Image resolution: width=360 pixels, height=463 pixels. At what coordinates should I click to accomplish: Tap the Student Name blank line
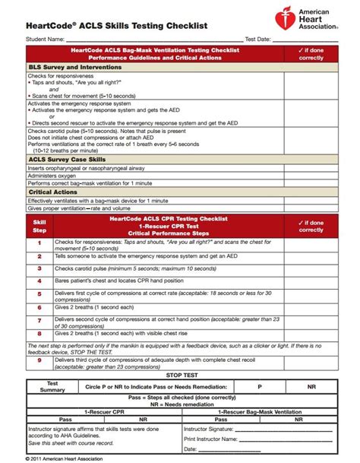click(152, 39)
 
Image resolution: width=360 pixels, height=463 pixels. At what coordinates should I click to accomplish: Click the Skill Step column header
click(39, 225)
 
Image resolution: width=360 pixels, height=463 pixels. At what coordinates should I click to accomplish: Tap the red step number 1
click(39, 244)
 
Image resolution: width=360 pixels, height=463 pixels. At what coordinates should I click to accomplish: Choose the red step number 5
click(39, 294)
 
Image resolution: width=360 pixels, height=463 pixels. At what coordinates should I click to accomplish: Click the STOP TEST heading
click(179, 374)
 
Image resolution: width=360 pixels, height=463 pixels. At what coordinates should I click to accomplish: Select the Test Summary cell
click(53, 386)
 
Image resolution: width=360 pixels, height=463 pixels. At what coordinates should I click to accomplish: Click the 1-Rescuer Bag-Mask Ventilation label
click(258, 411)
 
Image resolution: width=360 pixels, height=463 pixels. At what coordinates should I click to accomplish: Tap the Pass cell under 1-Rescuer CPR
click(66, 419)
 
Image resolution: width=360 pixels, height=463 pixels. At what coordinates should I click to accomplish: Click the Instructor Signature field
click(258, 429)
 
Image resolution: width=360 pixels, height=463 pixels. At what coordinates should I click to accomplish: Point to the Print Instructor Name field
click(258, 439)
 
